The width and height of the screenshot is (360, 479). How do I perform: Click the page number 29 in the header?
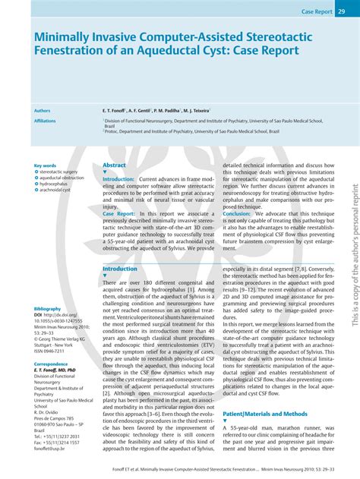342,11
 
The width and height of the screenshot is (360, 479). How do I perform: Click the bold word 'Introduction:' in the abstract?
118,179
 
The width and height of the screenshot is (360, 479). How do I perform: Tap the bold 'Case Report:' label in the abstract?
119,214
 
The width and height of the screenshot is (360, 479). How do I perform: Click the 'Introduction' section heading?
120,269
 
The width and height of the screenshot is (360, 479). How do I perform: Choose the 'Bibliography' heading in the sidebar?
49,288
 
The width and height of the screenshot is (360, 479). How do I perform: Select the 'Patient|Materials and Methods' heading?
266,414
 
